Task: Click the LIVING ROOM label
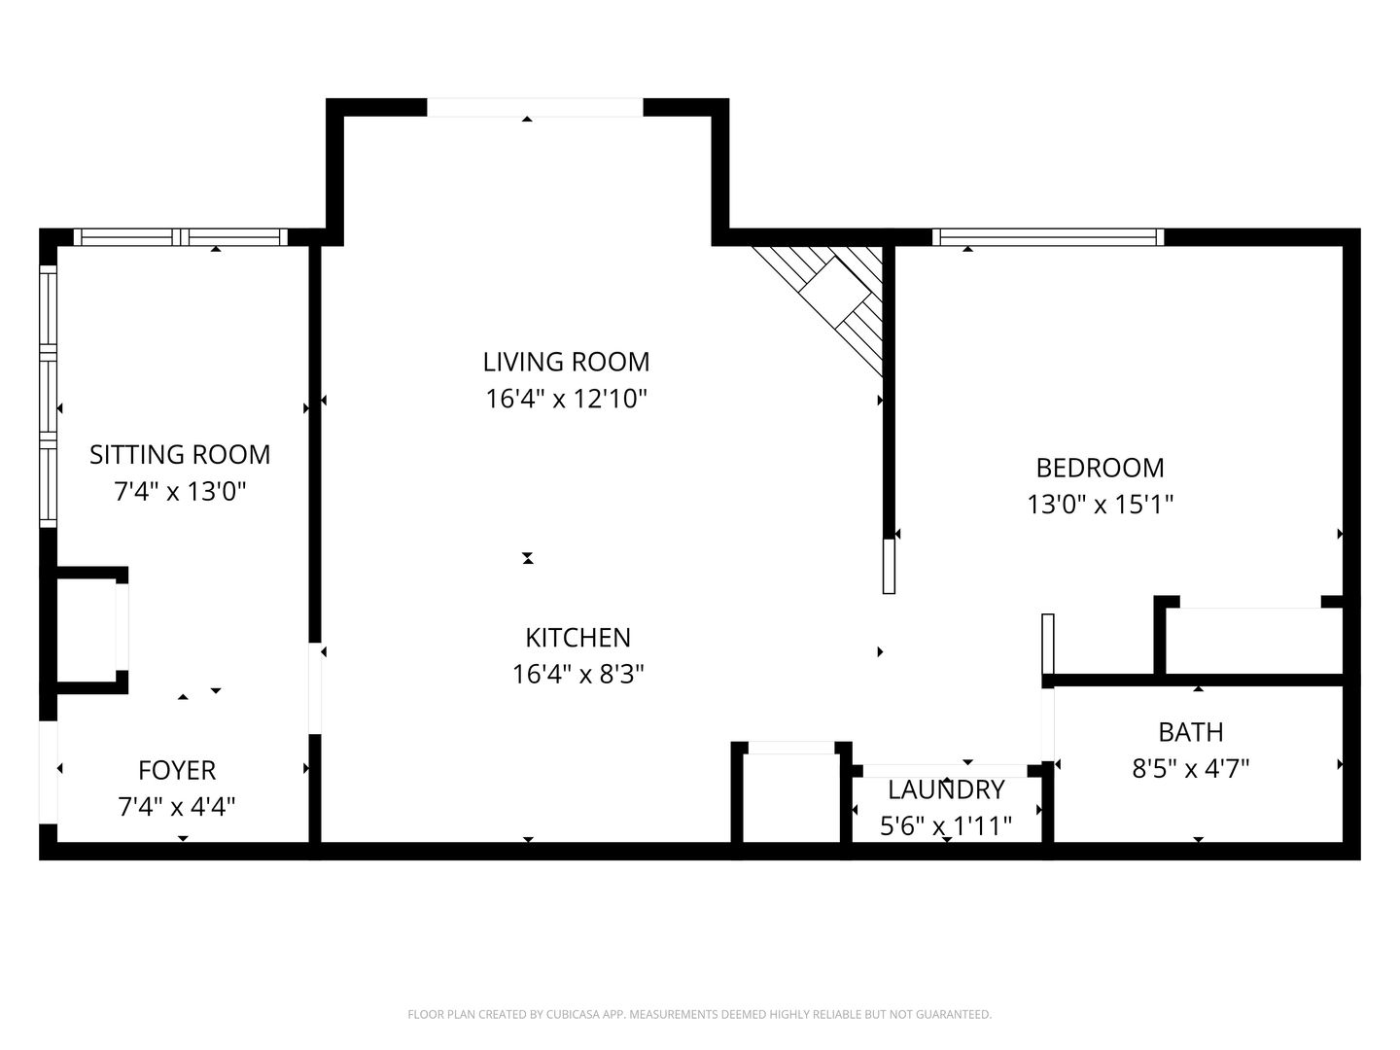566,362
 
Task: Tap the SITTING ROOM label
180,455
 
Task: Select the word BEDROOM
1101,469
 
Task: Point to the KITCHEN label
577,638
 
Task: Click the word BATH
1191,732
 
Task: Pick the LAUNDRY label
946,789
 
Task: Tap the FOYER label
177,771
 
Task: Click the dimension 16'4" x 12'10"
567,399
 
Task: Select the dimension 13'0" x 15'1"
1101,505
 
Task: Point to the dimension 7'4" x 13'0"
180,492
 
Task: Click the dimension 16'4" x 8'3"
577,674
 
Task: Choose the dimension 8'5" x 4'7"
1190,769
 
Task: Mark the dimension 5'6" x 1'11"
946,826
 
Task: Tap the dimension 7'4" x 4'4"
177,807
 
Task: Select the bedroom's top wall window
1048,237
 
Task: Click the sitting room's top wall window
181,237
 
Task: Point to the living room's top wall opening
535,108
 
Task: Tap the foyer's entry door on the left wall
49,772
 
